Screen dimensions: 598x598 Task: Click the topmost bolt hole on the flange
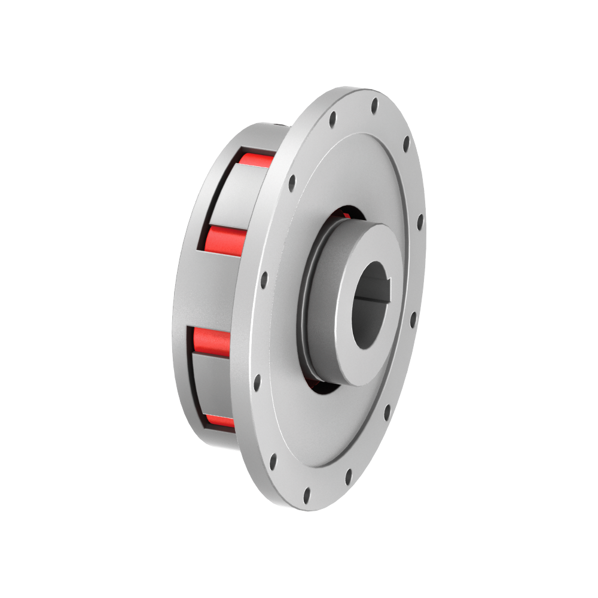pos(374,106)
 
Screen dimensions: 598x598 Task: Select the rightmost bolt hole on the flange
pos(420,222)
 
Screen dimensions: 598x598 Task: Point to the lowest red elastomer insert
pos(220,420)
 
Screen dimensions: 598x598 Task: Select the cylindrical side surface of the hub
pos(323,311)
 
